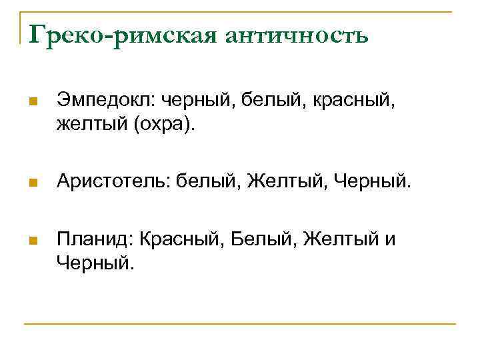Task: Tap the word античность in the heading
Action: coord(297,35)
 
